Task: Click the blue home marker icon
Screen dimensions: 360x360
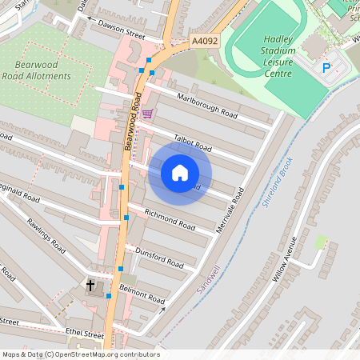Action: (x=180, y=172)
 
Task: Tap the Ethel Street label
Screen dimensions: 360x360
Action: (x=86, y=334)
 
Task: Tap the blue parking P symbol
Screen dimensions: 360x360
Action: (x=326, y=68)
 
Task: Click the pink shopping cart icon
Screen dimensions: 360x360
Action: (x=146, y=114)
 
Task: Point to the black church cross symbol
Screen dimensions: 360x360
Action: (x=90, y=284)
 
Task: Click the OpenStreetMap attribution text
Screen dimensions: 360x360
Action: (x=80, y=354)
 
